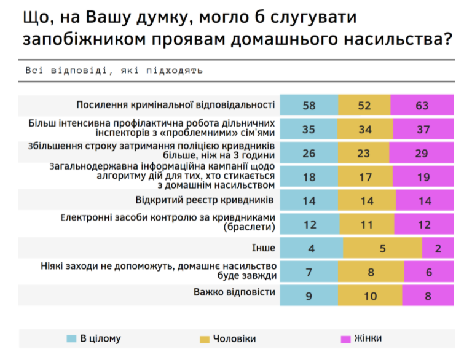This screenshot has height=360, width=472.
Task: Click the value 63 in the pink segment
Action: [x=422, y=106]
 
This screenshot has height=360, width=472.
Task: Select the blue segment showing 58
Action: [x=309, y=106]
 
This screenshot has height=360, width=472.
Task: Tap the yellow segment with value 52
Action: [x=364, y=106]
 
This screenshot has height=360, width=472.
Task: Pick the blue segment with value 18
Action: [x=309, y=177]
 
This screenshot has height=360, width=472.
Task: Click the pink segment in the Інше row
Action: [x=438, y=249]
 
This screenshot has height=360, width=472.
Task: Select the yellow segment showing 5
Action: [x=382, y=249]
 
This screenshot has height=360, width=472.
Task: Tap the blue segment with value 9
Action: [x=309, y=296]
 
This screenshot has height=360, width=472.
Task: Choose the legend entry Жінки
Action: [x=366, y=338]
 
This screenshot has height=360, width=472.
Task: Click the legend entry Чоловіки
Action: [x=234, y=338]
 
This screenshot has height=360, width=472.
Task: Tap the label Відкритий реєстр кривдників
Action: [x=204, y=200]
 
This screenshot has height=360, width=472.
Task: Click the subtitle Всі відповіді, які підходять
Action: [x=114, y=70]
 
